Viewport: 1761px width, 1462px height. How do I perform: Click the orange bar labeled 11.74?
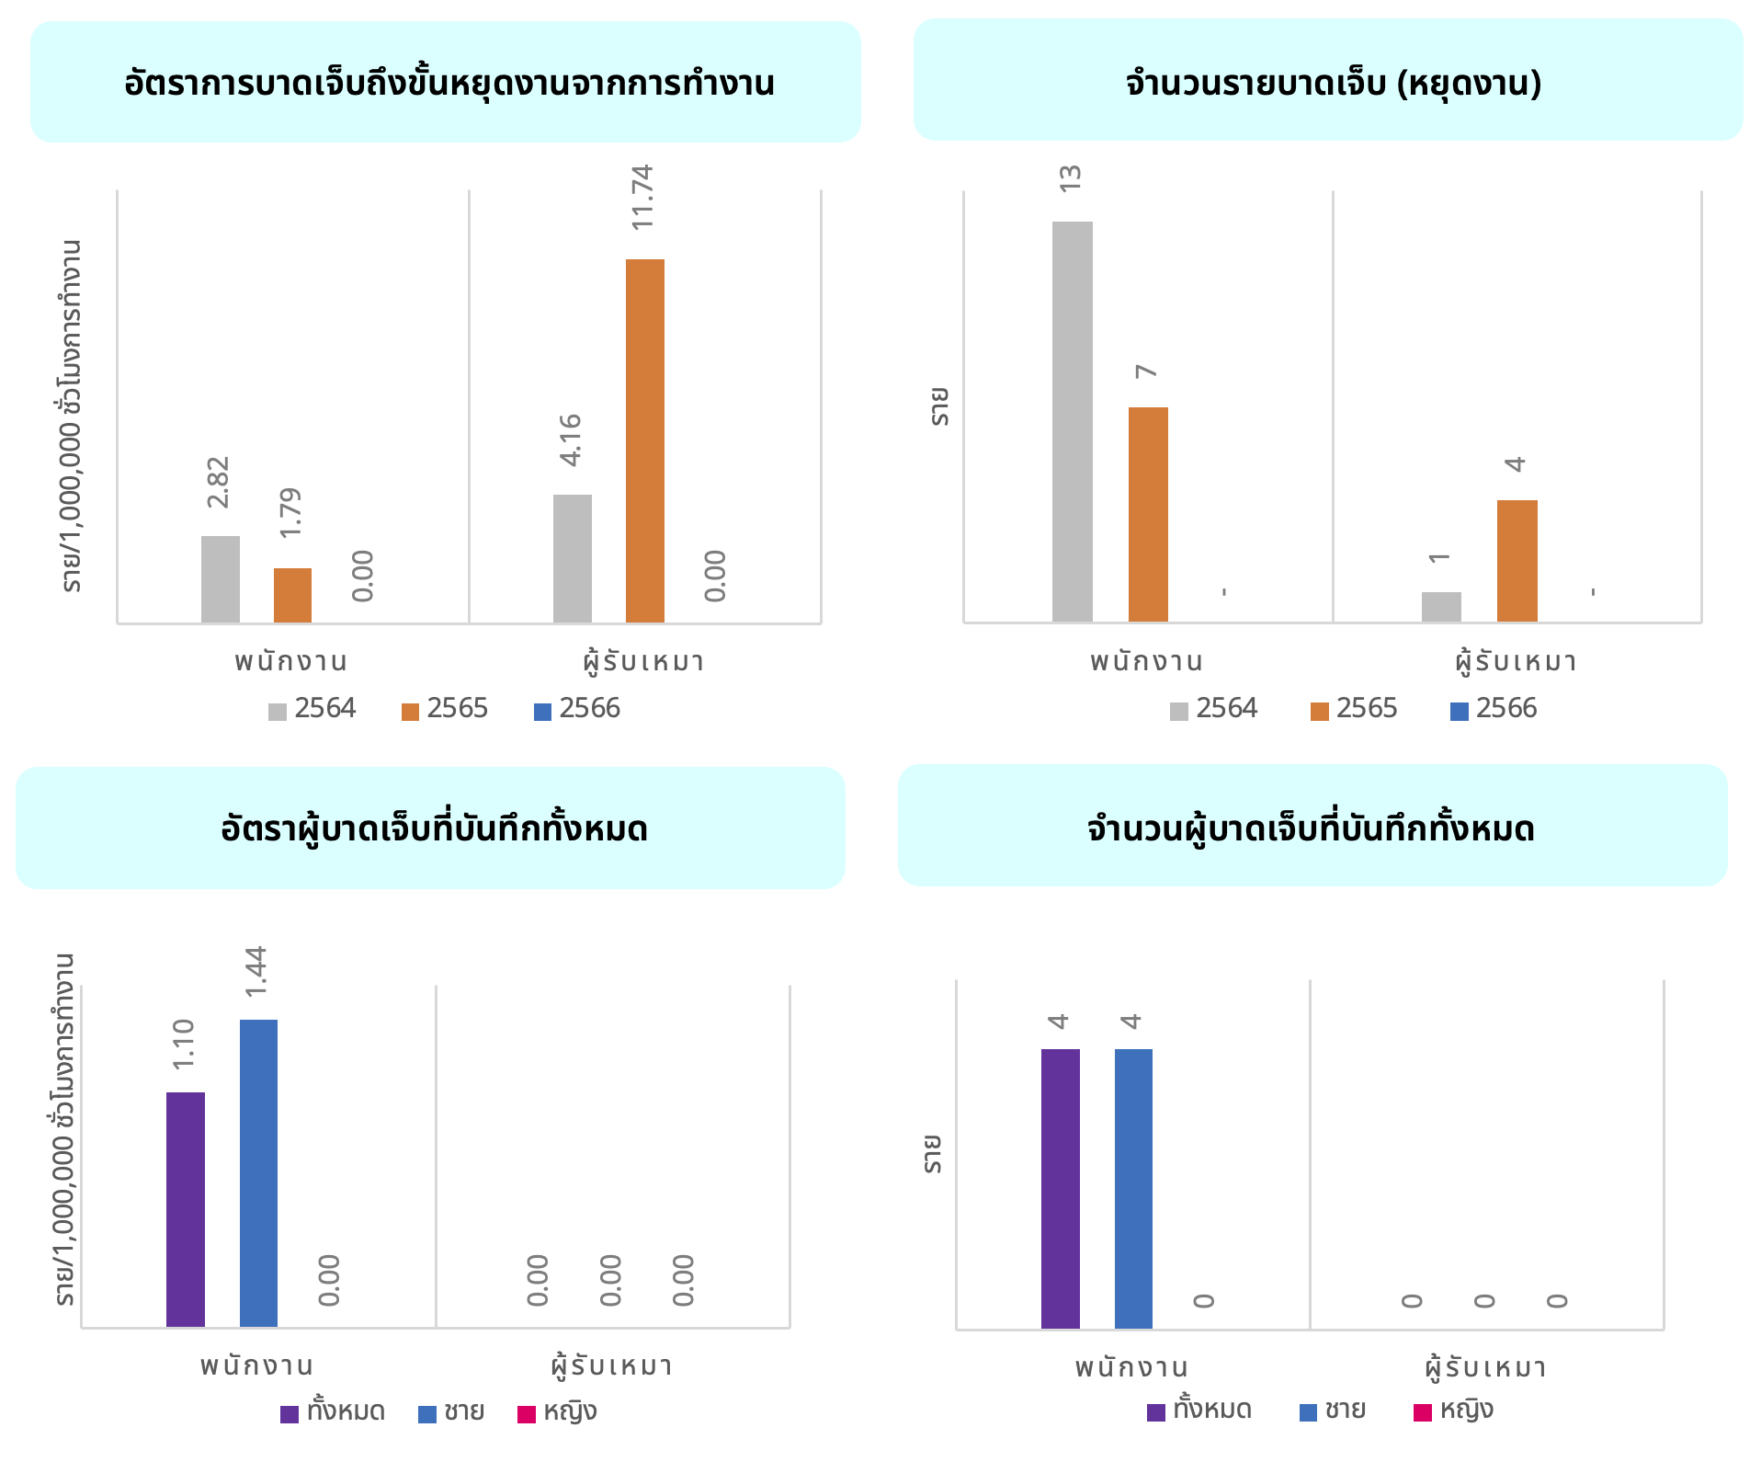(644, 441)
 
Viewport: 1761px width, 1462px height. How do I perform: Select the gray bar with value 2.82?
(221, 579)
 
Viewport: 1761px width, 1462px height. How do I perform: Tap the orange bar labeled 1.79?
(292, 596)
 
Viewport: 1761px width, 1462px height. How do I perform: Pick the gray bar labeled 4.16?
(573, 559)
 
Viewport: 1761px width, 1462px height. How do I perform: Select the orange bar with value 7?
(1148, 515)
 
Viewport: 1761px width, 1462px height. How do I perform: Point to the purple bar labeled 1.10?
(186, 1209)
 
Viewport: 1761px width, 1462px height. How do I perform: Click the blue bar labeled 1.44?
(258, 1172)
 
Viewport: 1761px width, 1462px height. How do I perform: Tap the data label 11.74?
(642, 198)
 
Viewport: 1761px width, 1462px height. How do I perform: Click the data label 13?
(1071, 178)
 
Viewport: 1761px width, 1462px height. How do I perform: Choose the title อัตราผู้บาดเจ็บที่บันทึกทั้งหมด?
(434, 828)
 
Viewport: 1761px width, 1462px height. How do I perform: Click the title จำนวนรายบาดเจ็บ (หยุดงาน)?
(1333, 83)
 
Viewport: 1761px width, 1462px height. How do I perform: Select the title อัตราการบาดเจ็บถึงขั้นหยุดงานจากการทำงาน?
(449, 83)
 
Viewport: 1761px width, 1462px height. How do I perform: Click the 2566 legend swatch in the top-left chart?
(542, 712)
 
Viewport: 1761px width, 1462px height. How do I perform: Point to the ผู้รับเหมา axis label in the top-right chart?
(1516, 661)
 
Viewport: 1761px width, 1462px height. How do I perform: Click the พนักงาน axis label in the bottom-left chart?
(257, 1366)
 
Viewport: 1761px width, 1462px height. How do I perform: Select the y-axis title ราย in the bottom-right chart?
(933, 1154)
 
